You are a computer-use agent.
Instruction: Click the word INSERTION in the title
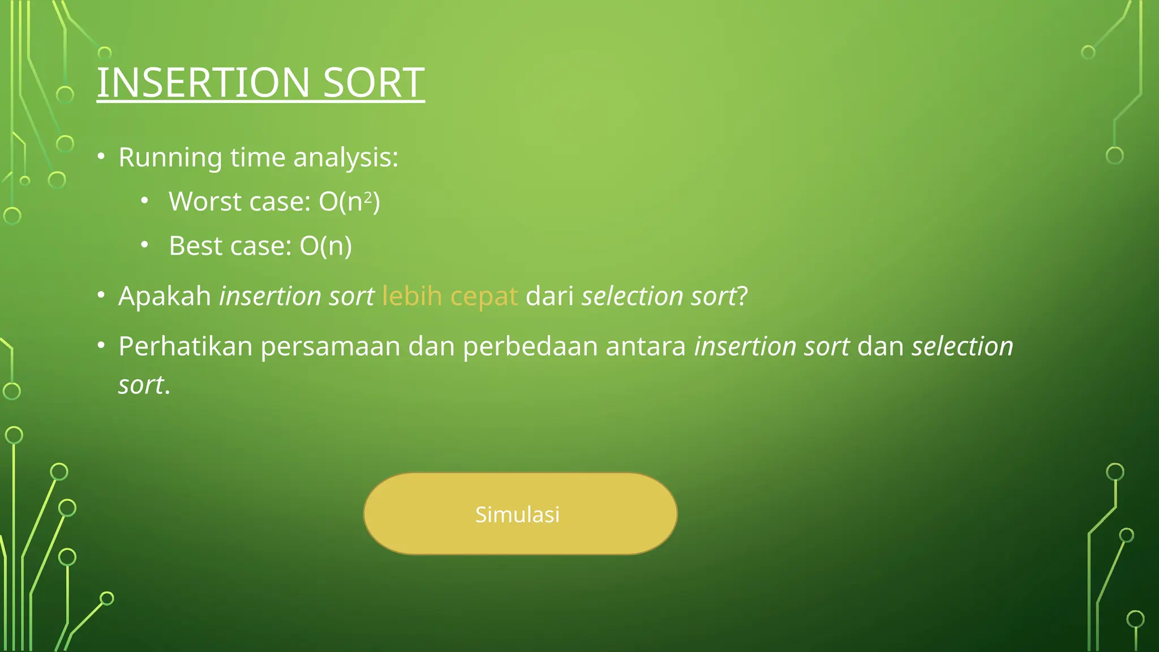[203, 83]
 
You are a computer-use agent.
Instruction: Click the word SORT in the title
[374, 83]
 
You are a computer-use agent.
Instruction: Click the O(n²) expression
[349, 201]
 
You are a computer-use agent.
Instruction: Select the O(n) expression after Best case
[325, 246]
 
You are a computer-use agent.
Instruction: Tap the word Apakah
[165, 296]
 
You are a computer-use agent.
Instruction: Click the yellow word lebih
[412, 296]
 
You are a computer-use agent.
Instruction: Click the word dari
[550, 296]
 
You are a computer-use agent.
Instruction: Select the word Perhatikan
[185, 346]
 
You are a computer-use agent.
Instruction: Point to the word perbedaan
[530, 346]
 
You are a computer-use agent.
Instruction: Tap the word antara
[646, 346]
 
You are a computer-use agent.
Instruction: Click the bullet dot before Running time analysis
[101, 156]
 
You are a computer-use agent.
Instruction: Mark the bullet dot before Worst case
[145, 200]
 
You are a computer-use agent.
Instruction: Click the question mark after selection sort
[742, 296]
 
